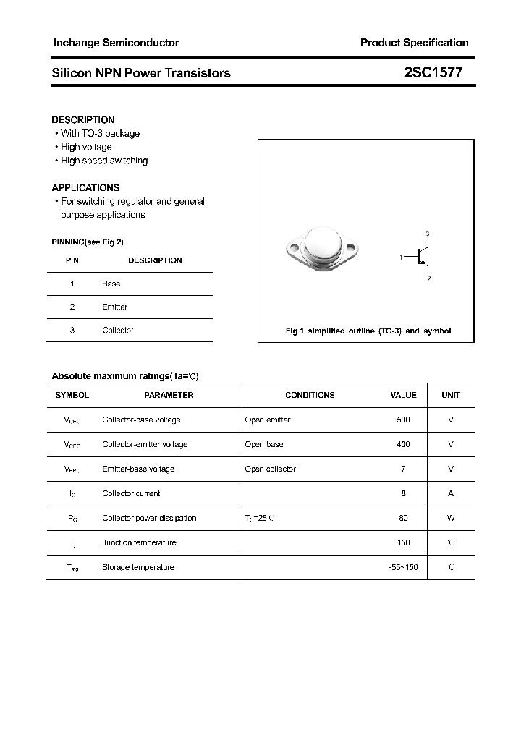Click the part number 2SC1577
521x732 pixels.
click(434, 72)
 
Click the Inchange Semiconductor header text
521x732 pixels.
click(116, 43)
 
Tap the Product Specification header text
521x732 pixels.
click(414, 43)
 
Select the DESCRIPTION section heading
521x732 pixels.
click(83, 120)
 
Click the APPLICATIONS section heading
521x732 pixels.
click(85, 187)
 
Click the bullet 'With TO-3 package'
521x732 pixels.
click(100, 133)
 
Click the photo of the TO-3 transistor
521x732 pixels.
click(322, 250)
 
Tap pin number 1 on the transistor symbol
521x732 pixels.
click(401, 257)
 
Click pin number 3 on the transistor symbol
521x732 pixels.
click(428, 234)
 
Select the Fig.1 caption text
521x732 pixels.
click(368, 331)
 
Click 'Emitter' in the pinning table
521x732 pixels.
click(114, 307)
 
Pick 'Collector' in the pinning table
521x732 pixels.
click(117, 330)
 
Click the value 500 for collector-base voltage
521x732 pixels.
click(403, 420)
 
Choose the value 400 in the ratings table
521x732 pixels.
click(403, 444)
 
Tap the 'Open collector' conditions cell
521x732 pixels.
click(270, 469)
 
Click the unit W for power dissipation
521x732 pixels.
click(450, 518)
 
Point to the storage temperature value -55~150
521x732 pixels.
click(403, 567)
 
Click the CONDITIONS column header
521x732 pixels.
click(310, 395)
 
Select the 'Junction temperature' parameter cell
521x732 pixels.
click(139, 542)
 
